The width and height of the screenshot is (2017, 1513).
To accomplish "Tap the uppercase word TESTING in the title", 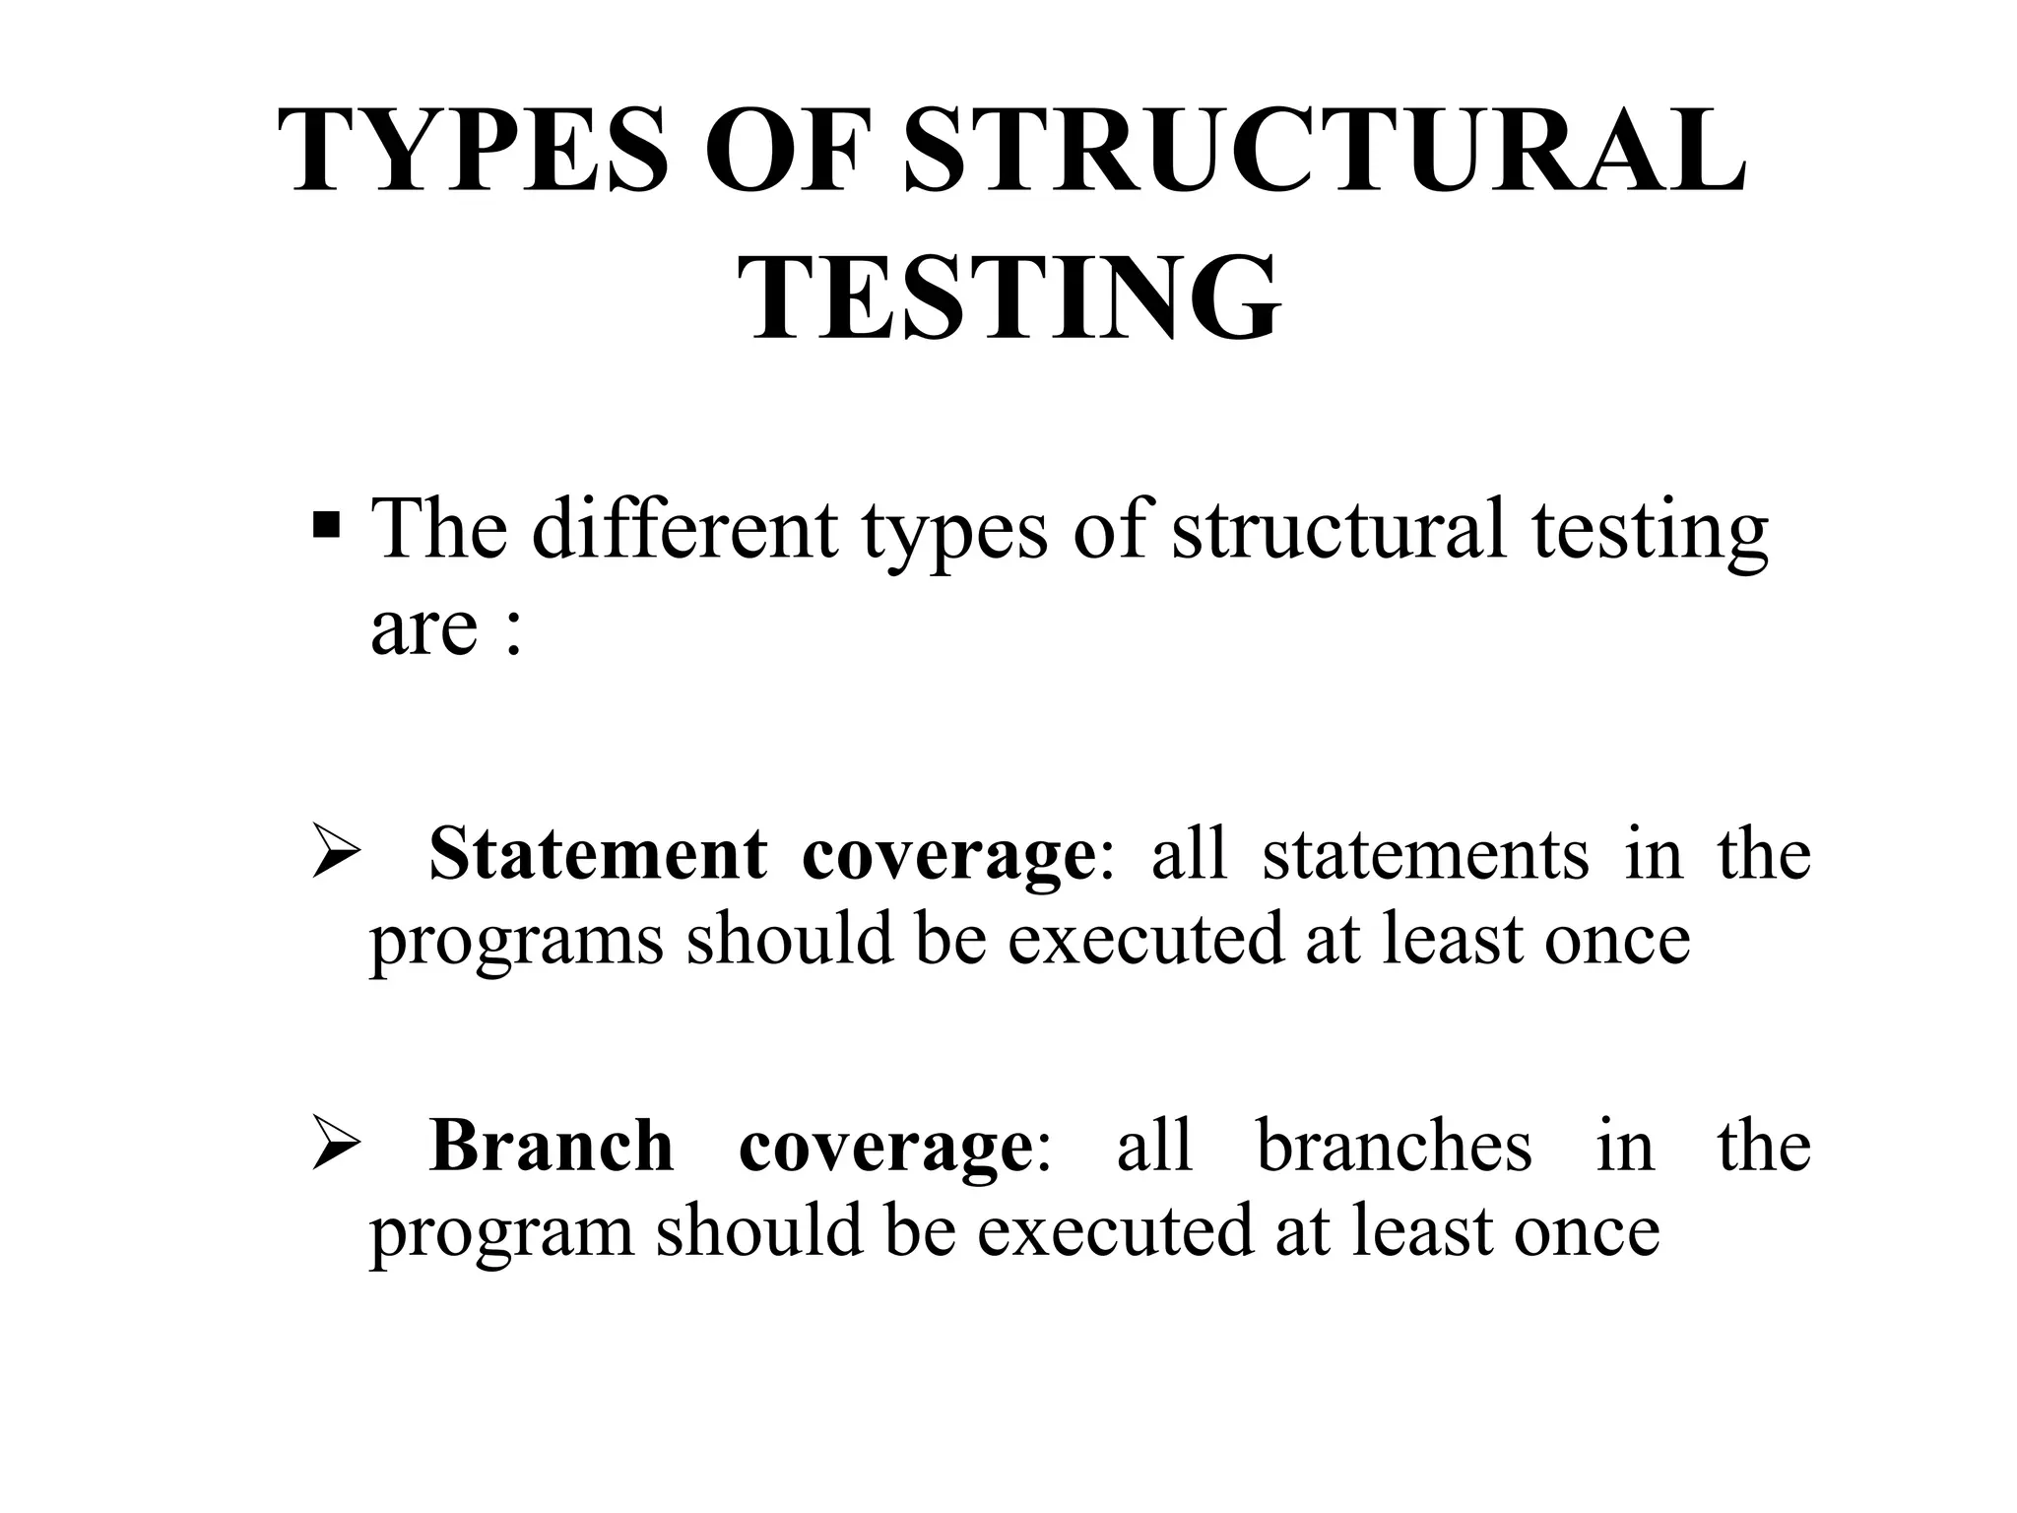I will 1010,297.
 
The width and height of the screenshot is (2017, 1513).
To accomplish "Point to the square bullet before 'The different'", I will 326,529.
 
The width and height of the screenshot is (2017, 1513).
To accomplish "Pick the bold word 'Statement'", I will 597,853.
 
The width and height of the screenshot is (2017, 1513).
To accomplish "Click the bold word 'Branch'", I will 552,1145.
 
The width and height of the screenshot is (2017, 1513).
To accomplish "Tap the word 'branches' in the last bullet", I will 1395,1145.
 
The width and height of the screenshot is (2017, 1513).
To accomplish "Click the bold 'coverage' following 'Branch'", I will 884,1145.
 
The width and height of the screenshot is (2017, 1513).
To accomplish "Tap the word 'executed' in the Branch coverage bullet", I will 1115,1232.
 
